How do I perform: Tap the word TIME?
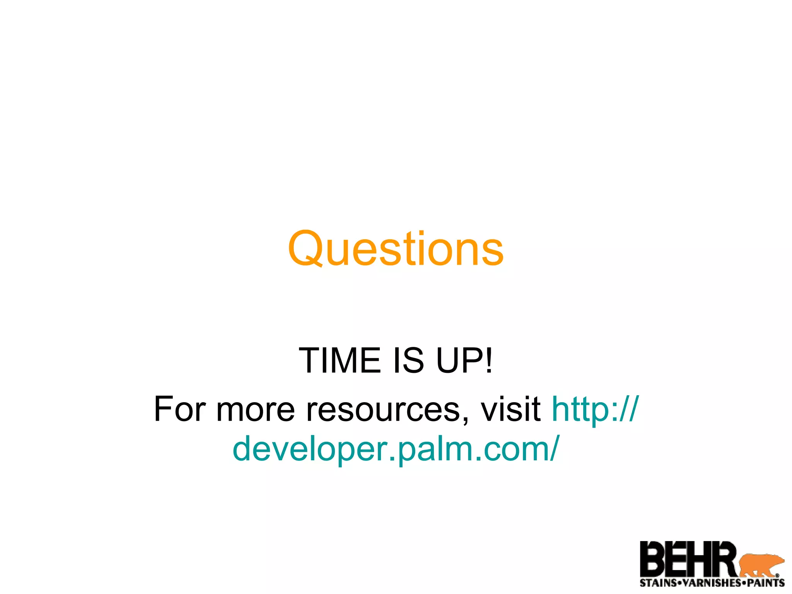[x=340, y=360]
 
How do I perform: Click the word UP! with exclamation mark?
[x=464, y=360]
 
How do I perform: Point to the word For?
[x=180, y=409]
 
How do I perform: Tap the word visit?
[x=510, y=409]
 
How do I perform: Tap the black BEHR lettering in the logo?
[x=688, y=559]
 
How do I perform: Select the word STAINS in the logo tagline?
[x=658, y=583]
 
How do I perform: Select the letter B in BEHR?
[x=653, y=559]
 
